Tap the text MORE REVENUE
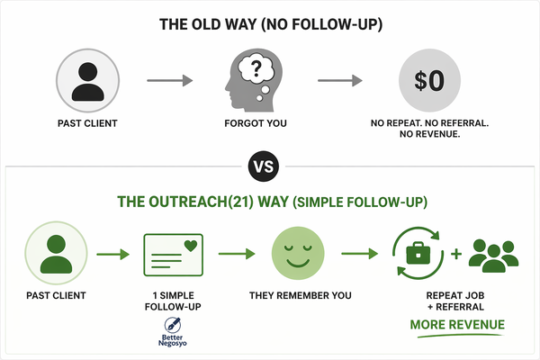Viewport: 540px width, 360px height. pyautogui.click(x=456, y=325)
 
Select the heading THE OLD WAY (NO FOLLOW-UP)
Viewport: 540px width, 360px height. pyautogui.click(x=270, y=25)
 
